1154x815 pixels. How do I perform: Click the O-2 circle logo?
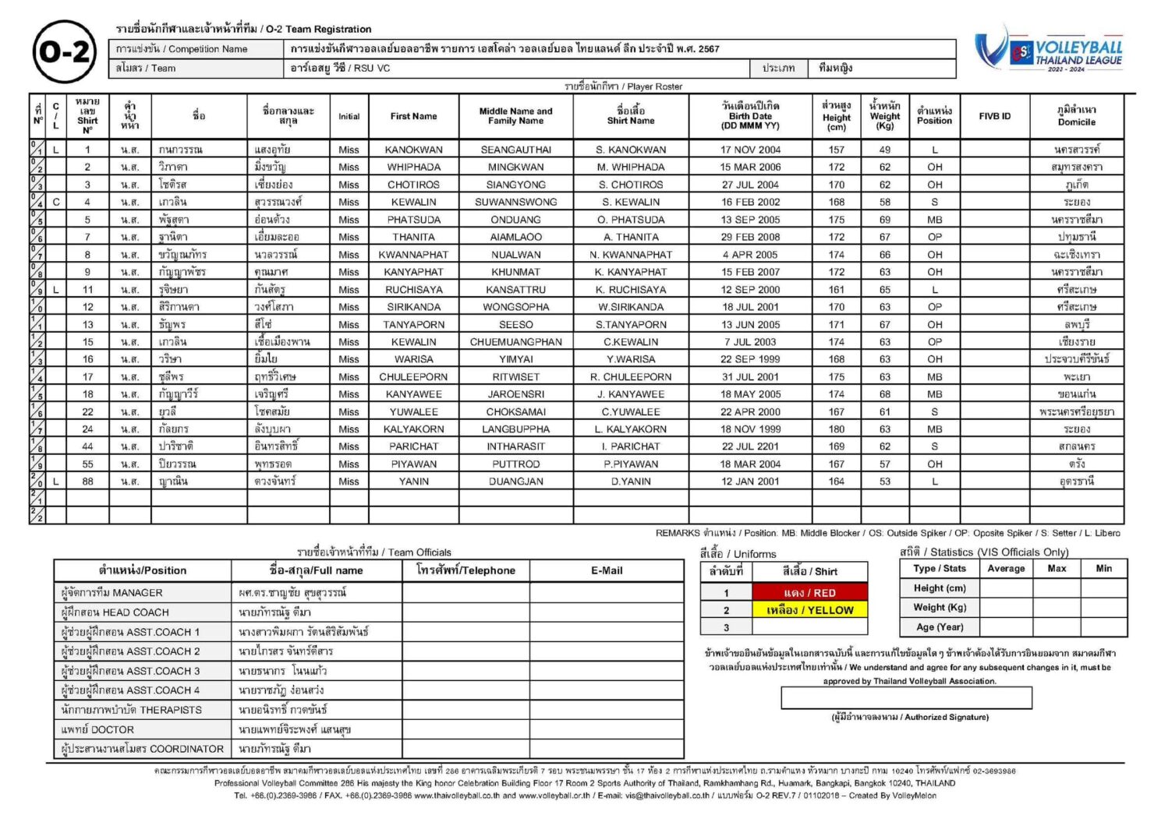65,51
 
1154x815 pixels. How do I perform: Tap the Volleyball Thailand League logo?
1050,51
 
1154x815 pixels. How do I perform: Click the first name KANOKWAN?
413,150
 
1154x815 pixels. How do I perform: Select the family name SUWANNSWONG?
515,202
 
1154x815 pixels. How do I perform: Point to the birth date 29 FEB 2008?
750,237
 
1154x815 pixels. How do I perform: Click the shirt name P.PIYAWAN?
631,464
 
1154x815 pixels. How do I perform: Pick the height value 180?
836,429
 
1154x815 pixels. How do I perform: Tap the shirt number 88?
87,482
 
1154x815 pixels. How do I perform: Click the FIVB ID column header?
994,116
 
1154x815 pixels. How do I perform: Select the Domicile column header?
1076,116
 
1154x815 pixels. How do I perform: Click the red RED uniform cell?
809,593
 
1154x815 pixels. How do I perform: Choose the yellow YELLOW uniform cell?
809,610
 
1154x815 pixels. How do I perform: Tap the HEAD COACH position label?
115,612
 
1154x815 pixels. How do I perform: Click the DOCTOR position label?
97,729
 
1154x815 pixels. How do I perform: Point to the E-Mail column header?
607,570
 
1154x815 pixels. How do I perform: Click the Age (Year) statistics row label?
940,626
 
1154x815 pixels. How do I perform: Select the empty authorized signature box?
906,697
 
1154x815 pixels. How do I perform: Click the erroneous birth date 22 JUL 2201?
750,446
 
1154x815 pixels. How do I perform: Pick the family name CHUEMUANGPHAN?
515,342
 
